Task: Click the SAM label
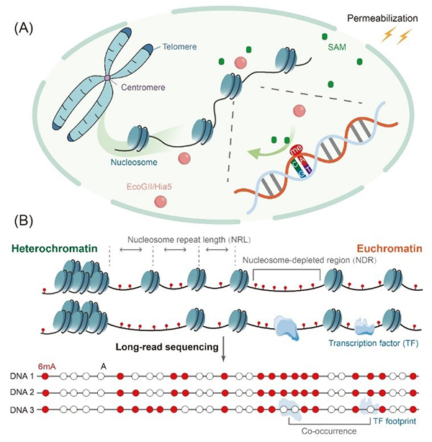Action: click(336, 48)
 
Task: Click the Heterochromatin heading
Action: click(53, 251)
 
